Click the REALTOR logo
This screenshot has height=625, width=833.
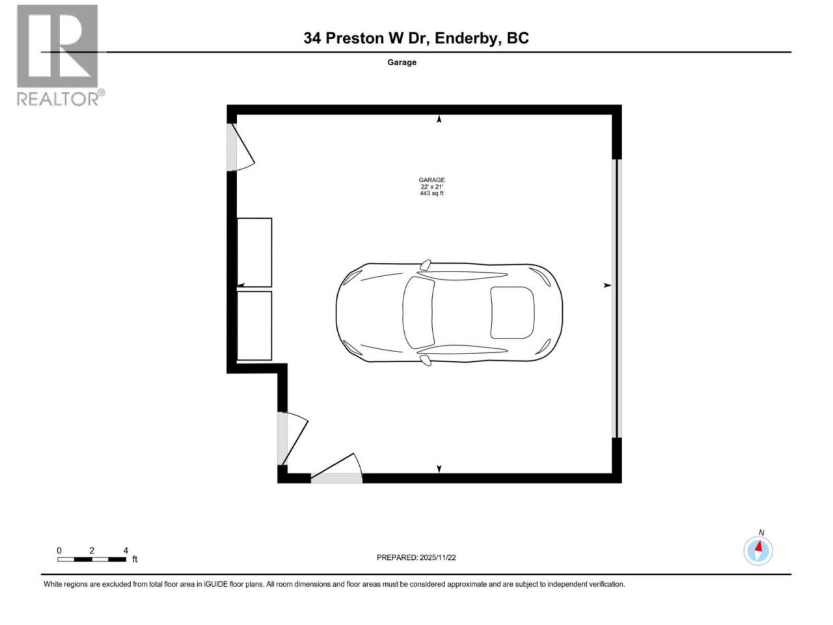pos(60,55)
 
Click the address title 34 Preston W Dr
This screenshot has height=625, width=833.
pos(366,38)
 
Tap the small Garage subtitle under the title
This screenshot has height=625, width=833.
pos(402,62)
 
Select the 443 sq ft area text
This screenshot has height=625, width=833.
pos(431,193)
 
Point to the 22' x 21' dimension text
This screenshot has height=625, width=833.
pos(431,187)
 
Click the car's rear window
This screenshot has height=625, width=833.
pos(512,312)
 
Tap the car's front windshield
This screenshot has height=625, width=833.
pos(418,312)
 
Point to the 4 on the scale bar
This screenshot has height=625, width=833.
pos(126,551)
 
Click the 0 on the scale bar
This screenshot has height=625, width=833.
pos(59,551)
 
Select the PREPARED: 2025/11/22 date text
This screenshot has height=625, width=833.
pos(416,557)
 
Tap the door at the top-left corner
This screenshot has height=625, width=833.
pos(241,147)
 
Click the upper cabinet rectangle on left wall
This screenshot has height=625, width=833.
pos(254,253)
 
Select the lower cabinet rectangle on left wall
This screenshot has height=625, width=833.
pos(254,326)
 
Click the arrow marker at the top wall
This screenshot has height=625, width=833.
pos(439,119)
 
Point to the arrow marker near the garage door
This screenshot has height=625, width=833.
pos(607,285)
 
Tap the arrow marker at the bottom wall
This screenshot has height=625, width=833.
pos(439,469)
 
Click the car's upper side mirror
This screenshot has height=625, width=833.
pos(426,264)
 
